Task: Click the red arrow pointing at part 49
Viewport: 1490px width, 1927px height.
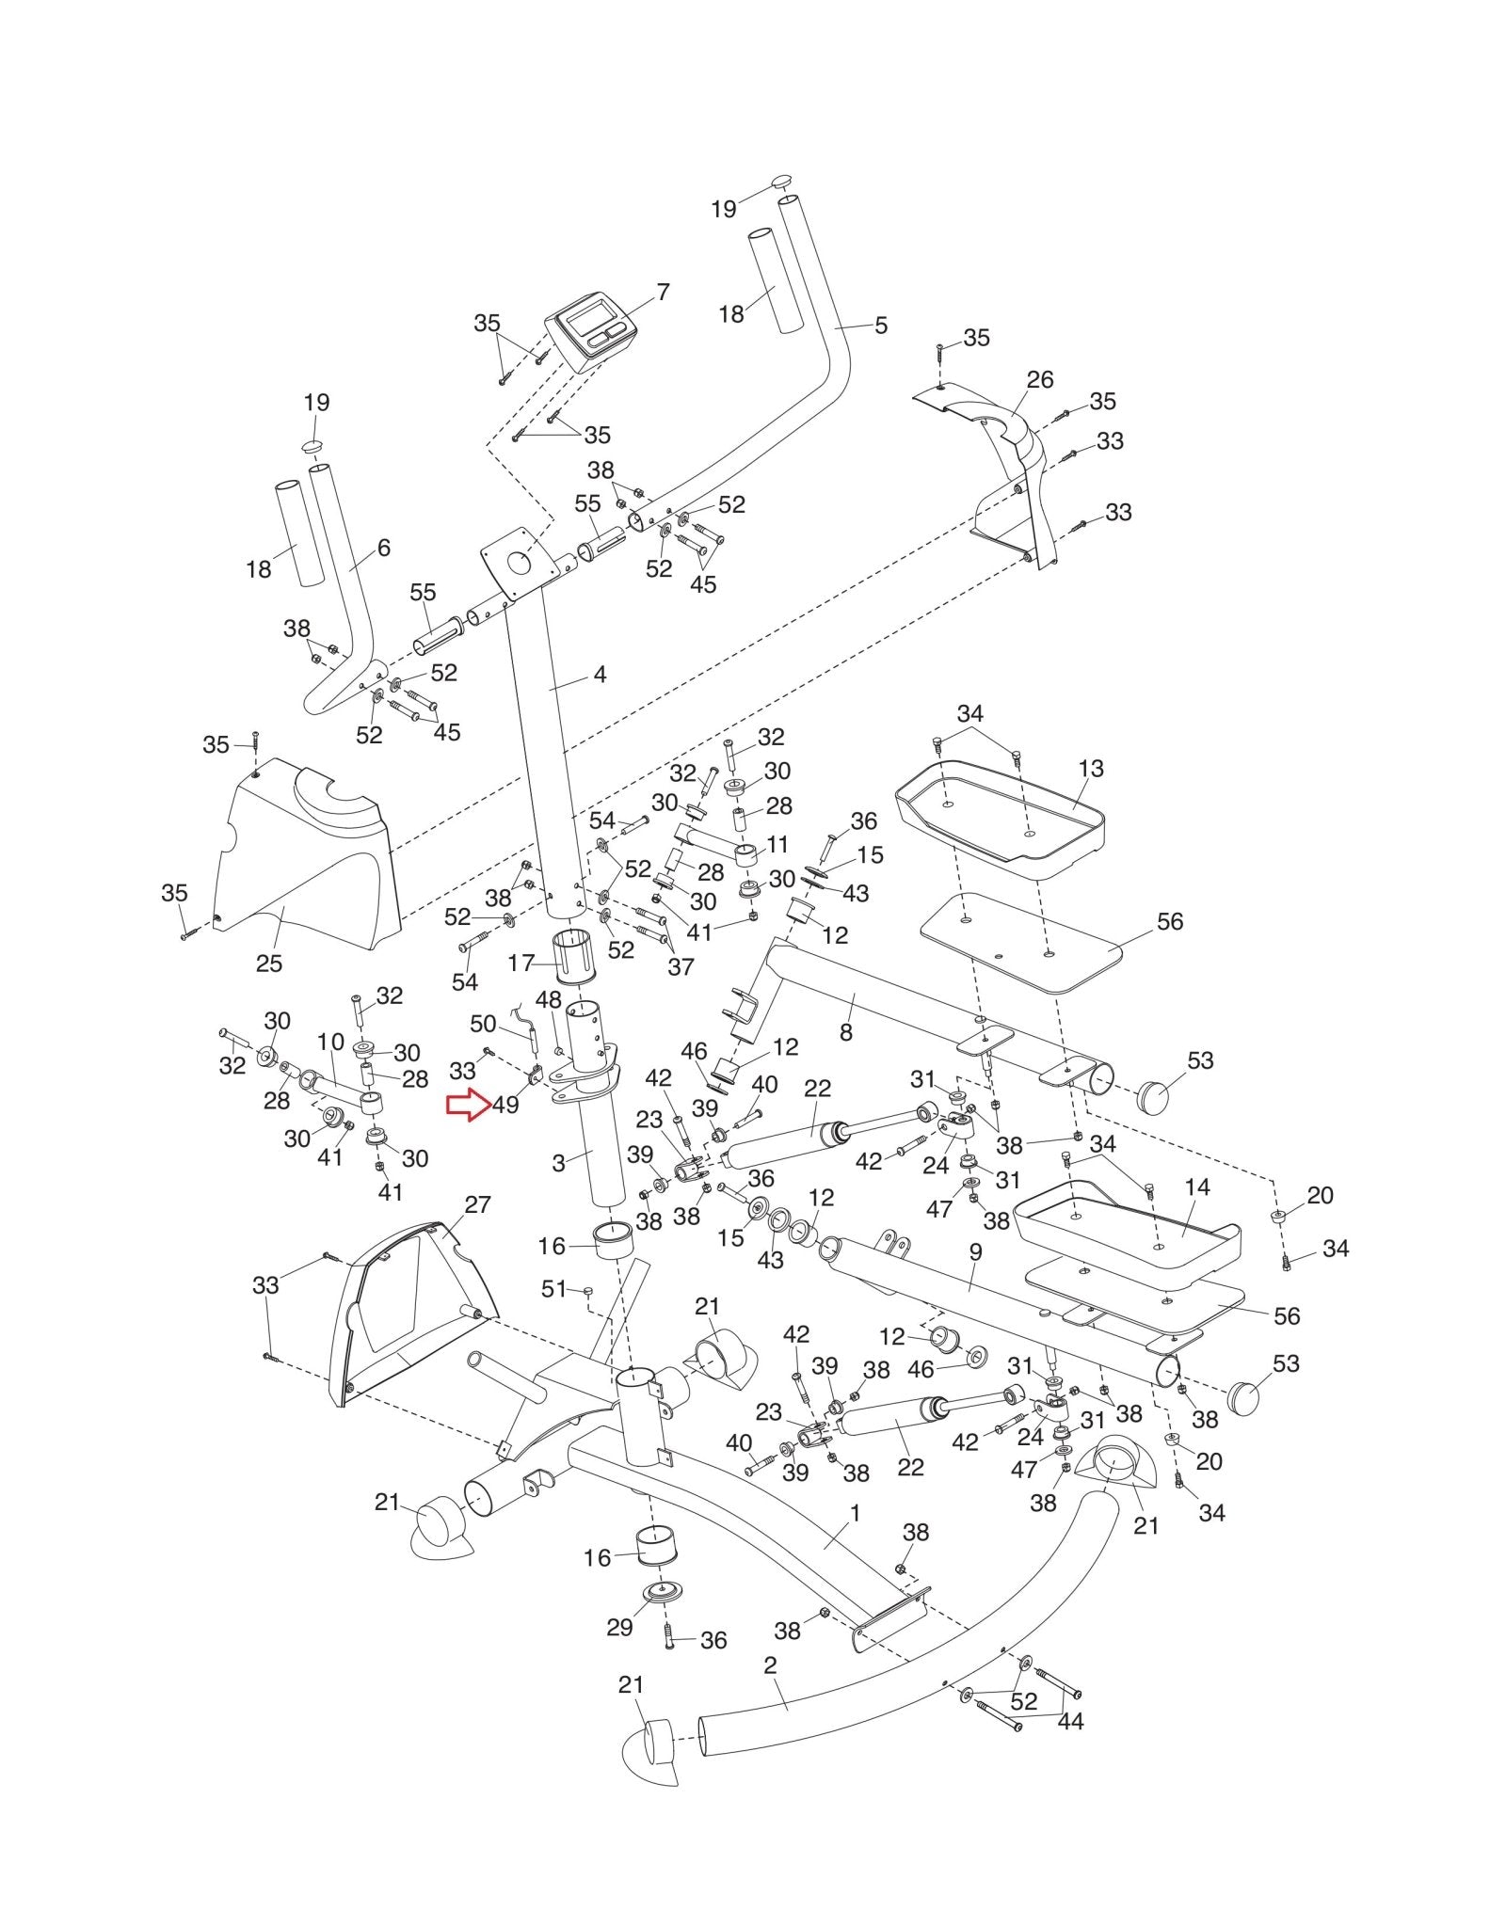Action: [x=468, y=1105]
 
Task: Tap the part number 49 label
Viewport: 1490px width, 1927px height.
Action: [x=505, y=1105]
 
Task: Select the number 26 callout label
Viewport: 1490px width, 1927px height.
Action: [x=1039, y=380]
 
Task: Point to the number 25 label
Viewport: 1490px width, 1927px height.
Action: [x=268, y=963]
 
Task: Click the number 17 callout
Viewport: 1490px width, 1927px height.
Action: [x=521, y=963]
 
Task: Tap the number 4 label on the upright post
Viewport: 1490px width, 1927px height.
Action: [x=600, y=675]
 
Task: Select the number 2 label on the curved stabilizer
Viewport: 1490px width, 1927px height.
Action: [x=770, y=1665]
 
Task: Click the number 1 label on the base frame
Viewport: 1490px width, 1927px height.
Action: [x=855, y=1513]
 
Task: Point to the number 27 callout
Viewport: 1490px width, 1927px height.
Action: [x=477, y=1204]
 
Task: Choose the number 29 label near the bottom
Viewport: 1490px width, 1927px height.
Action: [x=619, y=1627]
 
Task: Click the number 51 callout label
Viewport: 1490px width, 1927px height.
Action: [x=553, y=1288]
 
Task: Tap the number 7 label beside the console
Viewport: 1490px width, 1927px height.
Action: [x=663, y=293]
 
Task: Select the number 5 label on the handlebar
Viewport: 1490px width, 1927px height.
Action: [x=880, y=326]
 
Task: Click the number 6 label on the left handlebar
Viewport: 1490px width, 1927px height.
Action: [x=383, y=548]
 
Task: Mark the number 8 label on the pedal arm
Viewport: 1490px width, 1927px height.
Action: [x=845, y=1032]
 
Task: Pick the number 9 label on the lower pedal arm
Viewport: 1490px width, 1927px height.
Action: [x=975, y=1252]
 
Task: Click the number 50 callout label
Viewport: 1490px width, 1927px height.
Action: [x=483, y=1024]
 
